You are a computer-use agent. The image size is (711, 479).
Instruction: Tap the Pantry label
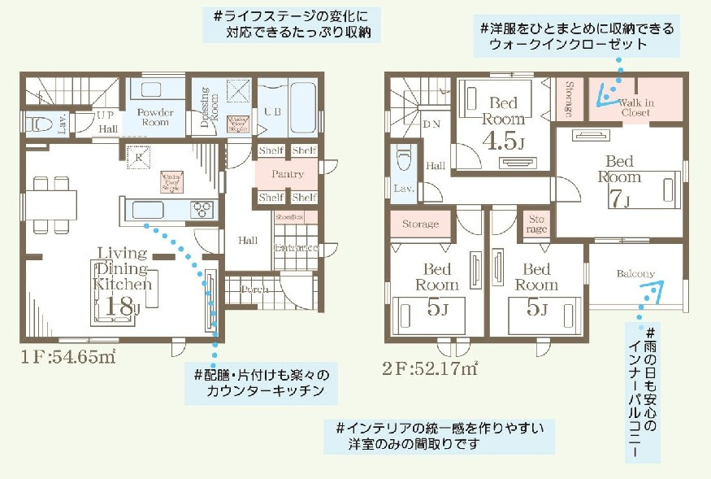pos(288,174)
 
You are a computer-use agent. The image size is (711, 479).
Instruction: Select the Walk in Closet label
pos(635,107)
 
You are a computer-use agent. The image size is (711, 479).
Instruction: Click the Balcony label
pos(635,273)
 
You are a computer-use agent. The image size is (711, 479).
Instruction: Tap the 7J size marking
pos(619,196)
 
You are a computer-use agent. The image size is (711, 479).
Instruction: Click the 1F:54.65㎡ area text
pos(68,359)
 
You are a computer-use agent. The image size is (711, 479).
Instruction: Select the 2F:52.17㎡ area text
pos(430,368)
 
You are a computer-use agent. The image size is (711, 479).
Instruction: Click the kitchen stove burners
pos(202,209)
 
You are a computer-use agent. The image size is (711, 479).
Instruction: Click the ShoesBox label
pos(288,217)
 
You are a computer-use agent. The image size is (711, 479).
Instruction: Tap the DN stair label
pos(431,124)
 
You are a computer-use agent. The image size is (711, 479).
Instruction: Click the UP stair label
pos(106,115)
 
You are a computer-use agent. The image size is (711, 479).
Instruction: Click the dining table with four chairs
pos(51,201)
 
